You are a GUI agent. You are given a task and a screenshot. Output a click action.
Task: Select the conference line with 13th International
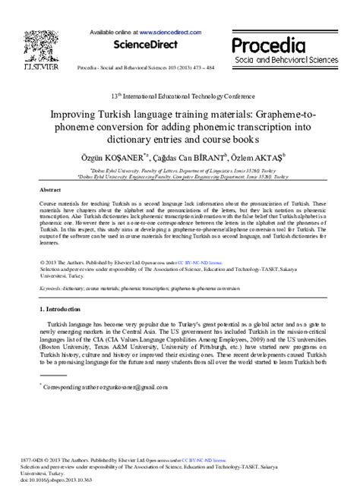180,98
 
